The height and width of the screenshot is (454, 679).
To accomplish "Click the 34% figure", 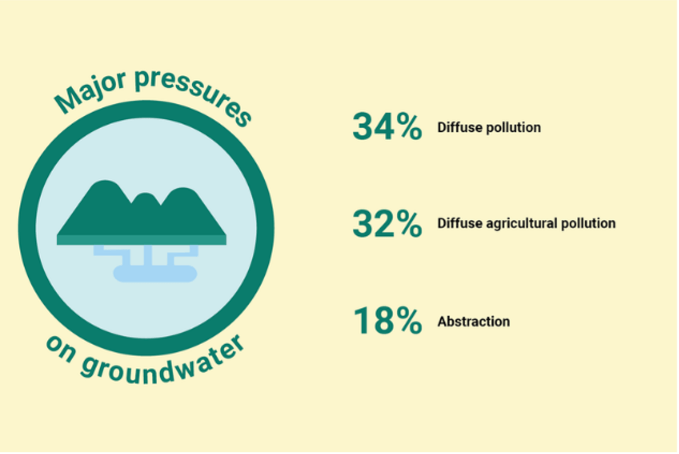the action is click(x=387, y=127).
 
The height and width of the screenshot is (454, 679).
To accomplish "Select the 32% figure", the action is click(x=387, y=224).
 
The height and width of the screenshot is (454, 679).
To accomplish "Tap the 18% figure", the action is click(x=388, y=321).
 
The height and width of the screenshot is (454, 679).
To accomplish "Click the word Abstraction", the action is click(x=474, y=322).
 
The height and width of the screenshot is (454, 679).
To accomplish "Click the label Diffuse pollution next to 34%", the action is click(x=489, y=127).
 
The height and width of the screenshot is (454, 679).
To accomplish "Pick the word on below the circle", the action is click(x=61, y=349).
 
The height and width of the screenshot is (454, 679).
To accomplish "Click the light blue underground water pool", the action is click(x=155, y=274).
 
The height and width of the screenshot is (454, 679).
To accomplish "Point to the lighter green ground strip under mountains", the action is click(x=141, y=240).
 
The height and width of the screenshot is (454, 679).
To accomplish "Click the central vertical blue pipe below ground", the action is click(x=148, y=255).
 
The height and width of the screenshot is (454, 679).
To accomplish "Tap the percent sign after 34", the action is click(x=409, y=127).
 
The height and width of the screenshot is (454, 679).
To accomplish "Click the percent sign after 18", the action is click(x=409, y=321).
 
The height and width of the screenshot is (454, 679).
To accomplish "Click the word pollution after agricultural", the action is click(x=589, y=224).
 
